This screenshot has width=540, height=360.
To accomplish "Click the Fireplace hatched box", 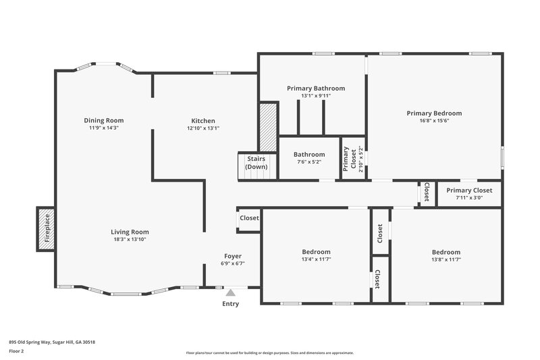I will (47, 228).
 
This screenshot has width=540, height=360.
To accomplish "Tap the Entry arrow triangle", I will (230, 292).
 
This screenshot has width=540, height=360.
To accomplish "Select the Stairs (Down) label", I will (256, 163).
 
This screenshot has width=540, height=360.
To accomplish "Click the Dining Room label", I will (103, 120).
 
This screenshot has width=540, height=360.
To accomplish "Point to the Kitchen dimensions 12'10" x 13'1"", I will (202, 128).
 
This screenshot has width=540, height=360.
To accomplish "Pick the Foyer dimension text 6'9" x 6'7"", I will (233, 263).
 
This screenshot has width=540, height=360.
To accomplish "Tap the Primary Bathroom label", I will (315, 88).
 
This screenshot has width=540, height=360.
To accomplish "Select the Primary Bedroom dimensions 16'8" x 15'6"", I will (433, 120).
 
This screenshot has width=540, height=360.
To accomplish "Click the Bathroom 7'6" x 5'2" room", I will (308, 158).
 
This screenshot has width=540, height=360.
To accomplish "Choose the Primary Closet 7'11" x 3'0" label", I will (469, 190).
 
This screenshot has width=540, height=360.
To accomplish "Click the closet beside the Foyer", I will (249, 218).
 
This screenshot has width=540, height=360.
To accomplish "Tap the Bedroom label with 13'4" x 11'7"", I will (316, 252).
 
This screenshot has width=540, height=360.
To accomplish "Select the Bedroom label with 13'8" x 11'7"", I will (446, 252).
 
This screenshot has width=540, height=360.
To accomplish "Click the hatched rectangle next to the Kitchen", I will (269, 127).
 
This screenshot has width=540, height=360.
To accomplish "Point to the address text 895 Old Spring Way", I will (52, 342).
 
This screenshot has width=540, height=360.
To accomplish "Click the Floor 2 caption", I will (16, 351).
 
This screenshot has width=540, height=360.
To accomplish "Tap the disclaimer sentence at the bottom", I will (269, 353).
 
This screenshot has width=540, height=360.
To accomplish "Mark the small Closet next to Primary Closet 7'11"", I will (427, 192).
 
